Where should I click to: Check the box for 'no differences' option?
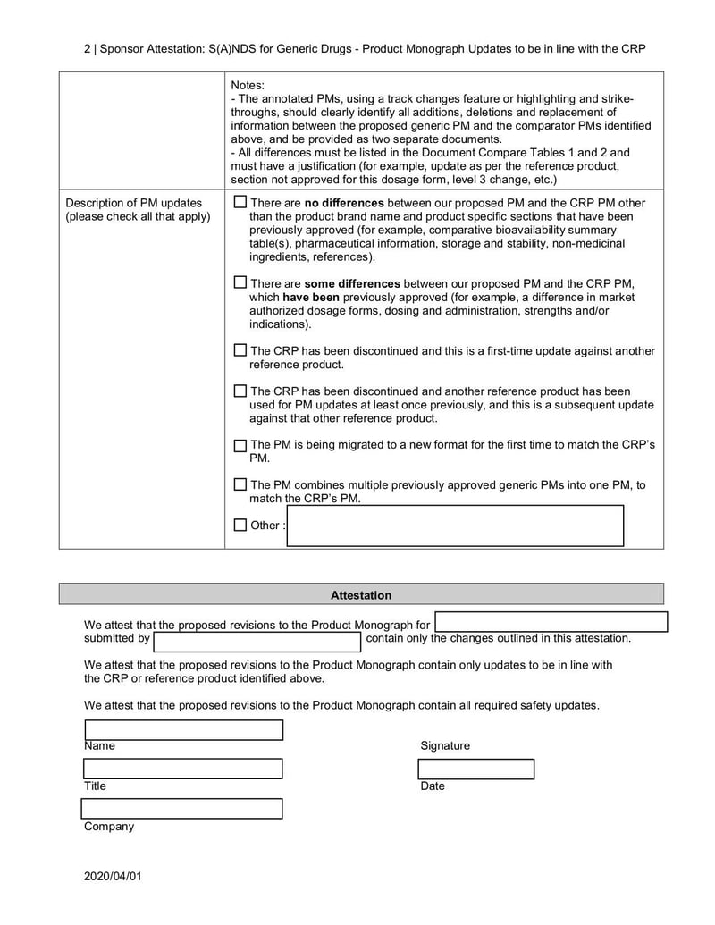coord(240,202)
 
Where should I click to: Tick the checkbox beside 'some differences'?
coord(240,282)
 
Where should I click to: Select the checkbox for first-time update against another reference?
coord(240,350)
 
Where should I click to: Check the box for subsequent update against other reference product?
coord(240,391)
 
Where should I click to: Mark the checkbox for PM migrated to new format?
coord(240,445)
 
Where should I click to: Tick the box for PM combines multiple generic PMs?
coord(240,484)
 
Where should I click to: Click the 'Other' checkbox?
coord(240,526)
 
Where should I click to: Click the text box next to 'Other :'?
coord(455,526)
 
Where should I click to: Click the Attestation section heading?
coord(361,594)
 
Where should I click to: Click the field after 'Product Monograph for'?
coord(551,622)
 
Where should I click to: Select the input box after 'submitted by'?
coord(257,641)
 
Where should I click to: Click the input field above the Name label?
coord(183,730)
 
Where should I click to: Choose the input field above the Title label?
coord(183,769)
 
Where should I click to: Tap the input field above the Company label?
coord(182,809)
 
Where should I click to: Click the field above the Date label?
coord(476,769)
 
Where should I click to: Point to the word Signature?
coord(444,745)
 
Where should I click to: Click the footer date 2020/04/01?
coord(113,876)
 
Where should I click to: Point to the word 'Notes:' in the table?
coord(248,85)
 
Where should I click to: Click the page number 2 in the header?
coord(88,48)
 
